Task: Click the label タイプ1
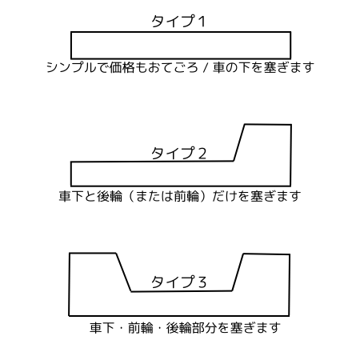pos(178,22)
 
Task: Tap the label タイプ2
pos(178,153)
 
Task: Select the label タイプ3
pos(178,282)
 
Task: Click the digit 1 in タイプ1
pos(202,22)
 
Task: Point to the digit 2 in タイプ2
pos(202,154)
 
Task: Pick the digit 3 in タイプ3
pos(202,282)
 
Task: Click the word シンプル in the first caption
pos(71,67)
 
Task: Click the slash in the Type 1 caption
pos(206,67)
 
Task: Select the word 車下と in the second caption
pos(78,196)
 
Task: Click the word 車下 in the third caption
pos(102,328)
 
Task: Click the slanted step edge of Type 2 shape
pos(239,142)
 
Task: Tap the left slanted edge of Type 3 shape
pos(123,272)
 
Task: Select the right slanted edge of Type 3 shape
pos(238,272)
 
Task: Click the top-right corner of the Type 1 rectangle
pos(290,32)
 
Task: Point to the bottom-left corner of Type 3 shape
pos(70,316)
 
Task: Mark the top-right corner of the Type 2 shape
pos(291,125)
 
